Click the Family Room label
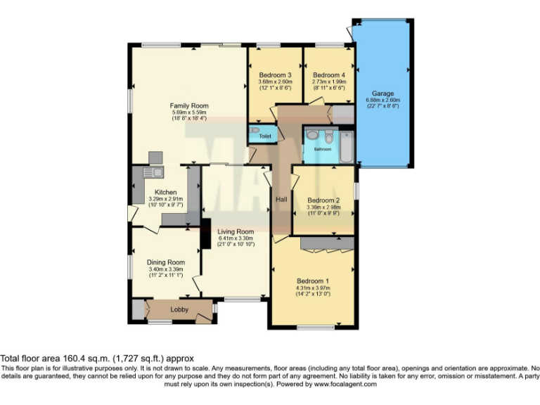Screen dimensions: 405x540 point(189,106)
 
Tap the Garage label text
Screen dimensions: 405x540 point(382,94)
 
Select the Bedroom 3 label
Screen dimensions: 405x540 point(275,75)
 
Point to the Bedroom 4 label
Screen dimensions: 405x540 point(328,75)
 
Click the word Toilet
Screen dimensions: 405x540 point(265,136)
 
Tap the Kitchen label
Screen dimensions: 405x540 point(165,192)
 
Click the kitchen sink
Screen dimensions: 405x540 point(153,172)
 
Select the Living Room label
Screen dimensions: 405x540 point(235,231)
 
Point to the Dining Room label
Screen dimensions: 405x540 point(165,262)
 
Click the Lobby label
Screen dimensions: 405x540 point(179,309)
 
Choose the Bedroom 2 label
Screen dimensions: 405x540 point(323,200)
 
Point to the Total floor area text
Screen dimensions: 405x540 point(97,359)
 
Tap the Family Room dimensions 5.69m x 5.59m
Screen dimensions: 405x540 point(189,112)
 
